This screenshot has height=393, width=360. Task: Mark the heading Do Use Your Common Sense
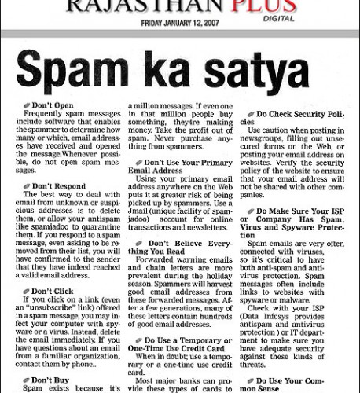point(291,383)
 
